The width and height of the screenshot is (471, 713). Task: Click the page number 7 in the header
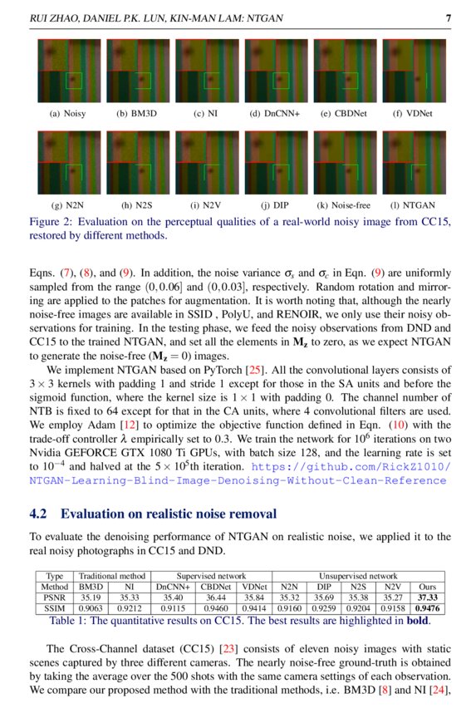pos(448,18)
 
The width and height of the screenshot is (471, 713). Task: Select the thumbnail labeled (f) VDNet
pos(414,71)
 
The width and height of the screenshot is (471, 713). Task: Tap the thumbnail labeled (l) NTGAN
pos(414,162)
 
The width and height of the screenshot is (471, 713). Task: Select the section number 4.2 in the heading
pos(40,514)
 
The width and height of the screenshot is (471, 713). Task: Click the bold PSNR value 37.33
pos(427,597)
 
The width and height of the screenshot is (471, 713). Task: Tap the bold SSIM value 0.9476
pos(427,607)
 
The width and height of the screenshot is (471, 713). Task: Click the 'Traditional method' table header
pos(111,575)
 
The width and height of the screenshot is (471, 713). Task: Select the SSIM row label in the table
pos(54,607)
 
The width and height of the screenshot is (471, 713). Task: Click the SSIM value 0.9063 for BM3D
pos(90,607)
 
